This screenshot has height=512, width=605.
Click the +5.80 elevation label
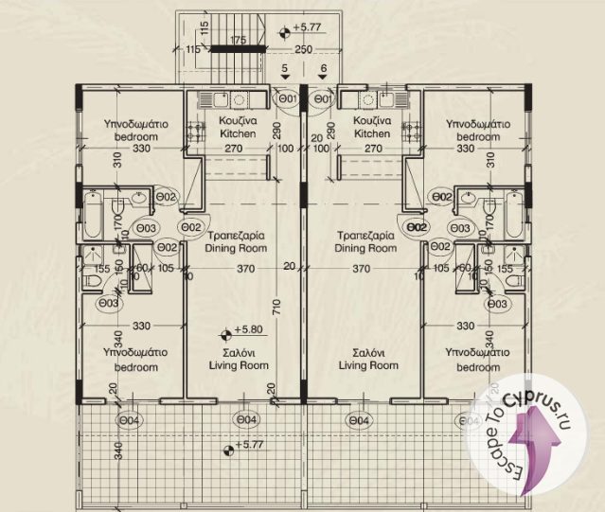coord(248,329)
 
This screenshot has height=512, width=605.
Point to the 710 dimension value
coord(277,308)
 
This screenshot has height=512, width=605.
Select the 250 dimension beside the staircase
coord(304,49)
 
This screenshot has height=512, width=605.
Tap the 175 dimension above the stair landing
coord(239,40)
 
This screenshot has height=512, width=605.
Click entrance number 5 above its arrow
coord(285,68)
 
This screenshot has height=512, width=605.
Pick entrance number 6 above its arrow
coord(324,68)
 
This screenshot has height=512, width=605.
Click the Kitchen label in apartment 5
coord(238,133)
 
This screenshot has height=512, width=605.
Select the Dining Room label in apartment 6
coord(365,248)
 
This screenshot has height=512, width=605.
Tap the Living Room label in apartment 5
coord(239,365)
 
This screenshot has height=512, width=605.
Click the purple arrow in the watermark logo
coord(534,448)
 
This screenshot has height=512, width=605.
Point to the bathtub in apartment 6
coord(514,215)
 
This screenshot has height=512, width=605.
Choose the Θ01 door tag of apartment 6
coord(323,99)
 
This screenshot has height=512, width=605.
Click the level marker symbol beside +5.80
coord(226,336)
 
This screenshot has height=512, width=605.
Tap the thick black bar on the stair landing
coord(238,49)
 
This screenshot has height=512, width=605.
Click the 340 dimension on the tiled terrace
coord(118,451)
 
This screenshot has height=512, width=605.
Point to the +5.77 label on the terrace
coord(249,445)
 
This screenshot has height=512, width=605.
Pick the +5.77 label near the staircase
coord(307,27)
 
